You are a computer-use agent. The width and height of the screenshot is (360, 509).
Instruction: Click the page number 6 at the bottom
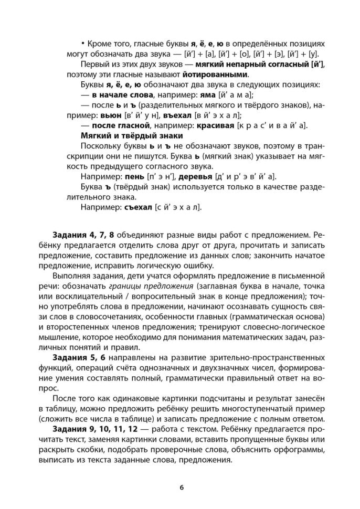(x=181, y=487)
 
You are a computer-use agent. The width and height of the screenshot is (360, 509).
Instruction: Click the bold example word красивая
(x=216, y=125)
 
